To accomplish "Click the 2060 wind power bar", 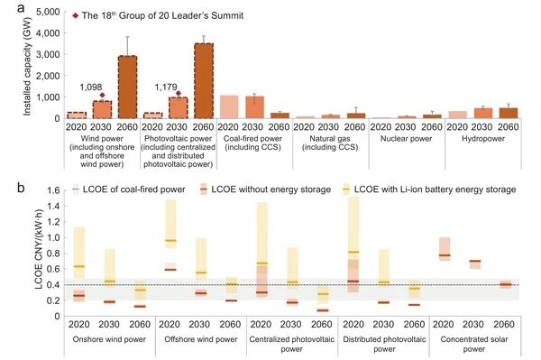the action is click(127, 87).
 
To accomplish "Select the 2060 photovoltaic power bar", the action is click(204, 81).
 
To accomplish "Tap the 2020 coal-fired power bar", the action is click(229, 107).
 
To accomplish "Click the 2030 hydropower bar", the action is click(483, 113).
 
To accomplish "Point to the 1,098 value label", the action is click(91, 88).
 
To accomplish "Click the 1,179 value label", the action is click(166, 87).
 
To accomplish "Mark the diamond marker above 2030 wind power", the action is click(102, 96).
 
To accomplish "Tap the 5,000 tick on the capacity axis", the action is click(48, 12).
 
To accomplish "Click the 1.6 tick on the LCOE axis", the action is click(53, 190).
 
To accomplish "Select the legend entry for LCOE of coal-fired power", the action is click(128, 189).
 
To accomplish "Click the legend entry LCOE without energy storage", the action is click(266, 189).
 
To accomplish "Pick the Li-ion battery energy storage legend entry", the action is click(429, 189).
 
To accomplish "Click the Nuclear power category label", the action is click(406, 139).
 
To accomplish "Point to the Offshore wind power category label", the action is click(201, 339).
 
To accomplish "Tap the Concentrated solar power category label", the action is click(474, 344).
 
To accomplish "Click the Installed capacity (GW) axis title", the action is click(27, 66).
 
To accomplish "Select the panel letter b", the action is click(21, 188).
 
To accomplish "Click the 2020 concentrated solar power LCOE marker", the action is click(445, 255).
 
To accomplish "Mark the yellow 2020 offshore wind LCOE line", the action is click(170, 240).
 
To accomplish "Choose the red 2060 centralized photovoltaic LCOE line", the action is click(323, 310).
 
